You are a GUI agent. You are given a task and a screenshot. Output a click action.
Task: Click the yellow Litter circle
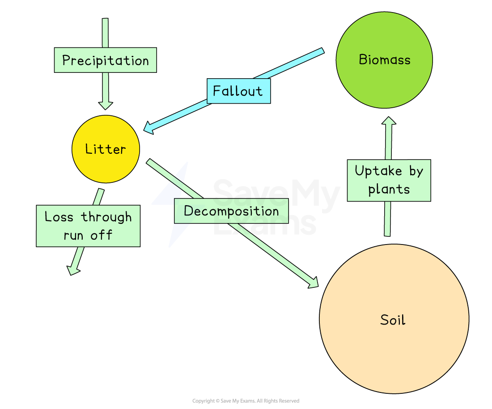(x=106, y=149)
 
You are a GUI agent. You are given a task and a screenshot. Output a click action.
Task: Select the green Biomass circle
(x=384, y=60)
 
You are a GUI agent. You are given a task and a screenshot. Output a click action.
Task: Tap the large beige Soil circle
(x=394, y=319)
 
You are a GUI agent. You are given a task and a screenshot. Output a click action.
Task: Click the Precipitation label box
(x=106, y=60)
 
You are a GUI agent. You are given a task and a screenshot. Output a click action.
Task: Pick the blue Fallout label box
(x=238, y=91)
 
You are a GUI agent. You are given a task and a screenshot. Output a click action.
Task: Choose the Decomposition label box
(x=231, y=211)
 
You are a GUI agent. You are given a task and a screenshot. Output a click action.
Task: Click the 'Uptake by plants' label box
(x=389, y=180)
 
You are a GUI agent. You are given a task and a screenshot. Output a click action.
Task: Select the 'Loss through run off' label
(x=88, y=226)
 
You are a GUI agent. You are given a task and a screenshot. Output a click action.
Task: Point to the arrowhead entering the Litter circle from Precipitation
(x=106, y=105)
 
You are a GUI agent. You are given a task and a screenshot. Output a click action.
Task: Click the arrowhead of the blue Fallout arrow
(x=149, y=128)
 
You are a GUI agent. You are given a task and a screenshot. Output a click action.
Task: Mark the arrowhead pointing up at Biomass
(x=389, y=122)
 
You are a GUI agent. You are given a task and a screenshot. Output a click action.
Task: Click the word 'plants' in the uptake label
(x=389, y=189)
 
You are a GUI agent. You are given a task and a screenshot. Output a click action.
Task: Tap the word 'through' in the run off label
(x=106, y=217)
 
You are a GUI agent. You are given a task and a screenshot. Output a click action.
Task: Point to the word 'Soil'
(x=393, y=320)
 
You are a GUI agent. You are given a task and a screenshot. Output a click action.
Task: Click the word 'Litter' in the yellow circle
(x=106, y=149)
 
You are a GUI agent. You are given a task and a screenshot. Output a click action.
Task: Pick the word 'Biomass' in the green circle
(x=385, y=60)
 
